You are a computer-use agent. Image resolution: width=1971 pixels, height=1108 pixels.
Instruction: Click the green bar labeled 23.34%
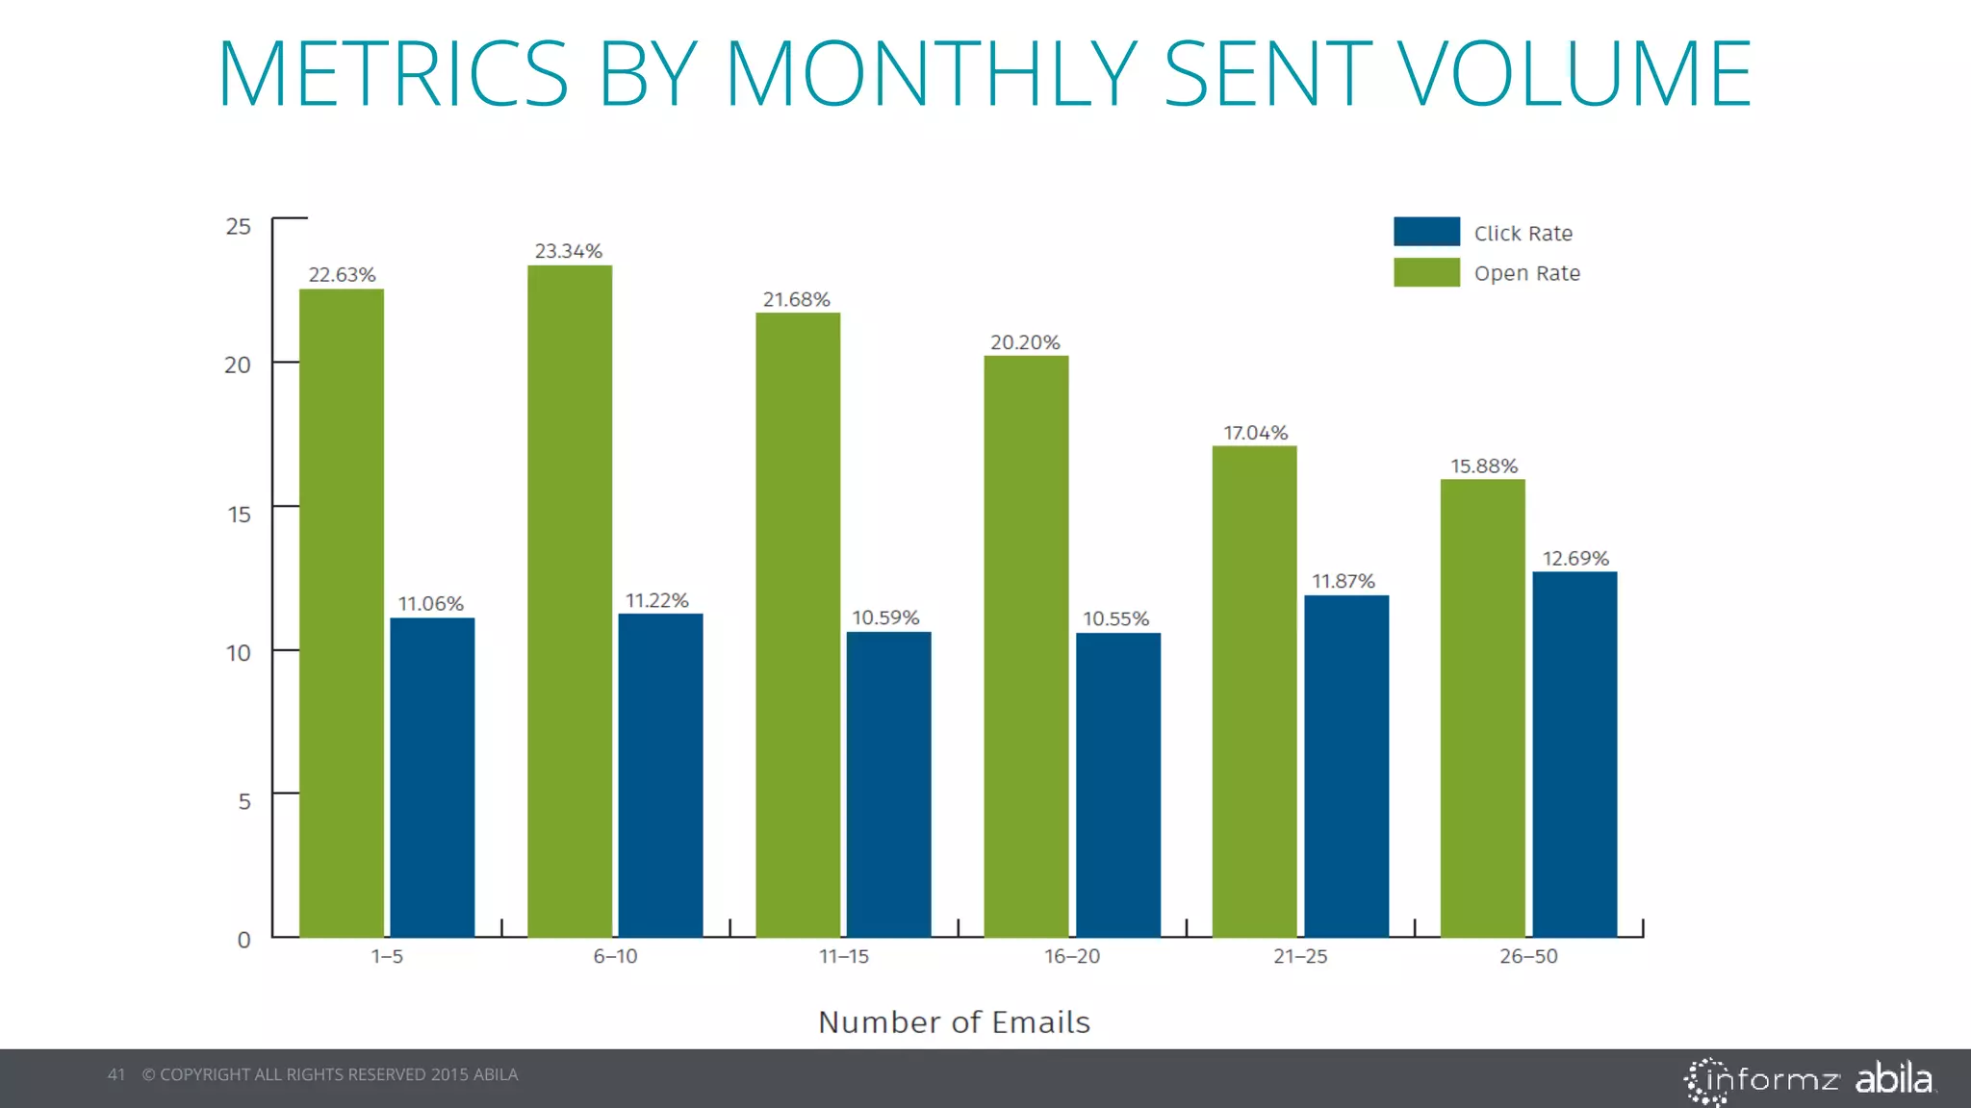[570, 601]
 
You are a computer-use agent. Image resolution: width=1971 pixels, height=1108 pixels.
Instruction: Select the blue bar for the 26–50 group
[1574, 755]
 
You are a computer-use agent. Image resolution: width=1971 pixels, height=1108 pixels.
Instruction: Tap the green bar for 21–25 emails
[1254, 692]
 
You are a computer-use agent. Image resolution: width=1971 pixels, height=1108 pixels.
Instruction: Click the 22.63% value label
[342, 275]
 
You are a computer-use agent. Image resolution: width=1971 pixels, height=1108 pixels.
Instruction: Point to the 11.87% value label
[1344, 581]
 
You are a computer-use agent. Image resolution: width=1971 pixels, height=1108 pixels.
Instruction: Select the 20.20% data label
[1025, 342]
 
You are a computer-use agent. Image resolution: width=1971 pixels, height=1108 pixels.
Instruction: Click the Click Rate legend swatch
[1426, 232]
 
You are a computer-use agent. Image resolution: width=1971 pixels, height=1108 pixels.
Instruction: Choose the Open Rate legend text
[1526, 273]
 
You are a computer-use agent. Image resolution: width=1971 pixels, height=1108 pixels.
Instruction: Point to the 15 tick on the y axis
[239, 515]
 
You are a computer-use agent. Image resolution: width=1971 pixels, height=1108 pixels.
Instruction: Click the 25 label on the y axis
[238, 227]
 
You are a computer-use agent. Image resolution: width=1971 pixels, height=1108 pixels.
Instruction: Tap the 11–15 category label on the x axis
[844, 956]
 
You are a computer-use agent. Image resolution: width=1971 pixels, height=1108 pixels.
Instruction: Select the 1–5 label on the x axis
[387, 956]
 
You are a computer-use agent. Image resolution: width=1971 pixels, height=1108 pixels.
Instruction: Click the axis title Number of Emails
[954, 1021]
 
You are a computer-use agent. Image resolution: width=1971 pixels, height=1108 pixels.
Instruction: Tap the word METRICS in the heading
[394, 74]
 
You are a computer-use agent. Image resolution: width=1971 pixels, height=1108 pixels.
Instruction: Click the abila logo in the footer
[1893, 1079]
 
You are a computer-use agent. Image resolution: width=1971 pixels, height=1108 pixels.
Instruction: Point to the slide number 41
[116, 1074]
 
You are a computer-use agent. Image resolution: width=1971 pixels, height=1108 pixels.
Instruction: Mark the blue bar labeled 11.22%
[660, 774]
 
